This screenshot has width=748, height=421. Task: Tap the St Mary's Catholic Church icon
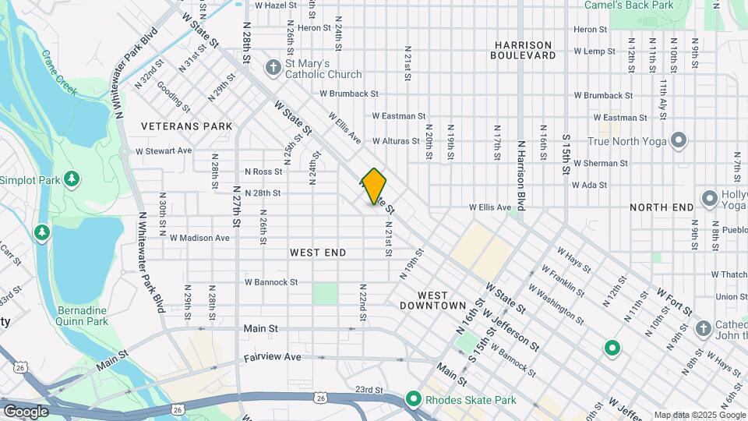(x=273, y=67)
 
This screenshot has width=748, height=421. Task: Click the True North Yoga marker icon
(x=679, y=141)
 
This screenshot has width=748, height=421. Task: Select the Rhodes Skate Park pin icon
(x=414, y=400)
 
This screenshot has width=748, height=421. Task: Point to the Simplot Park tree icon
(x=72, y=179)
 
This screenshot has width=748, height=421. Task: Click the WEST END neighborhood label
(x=318, y=253)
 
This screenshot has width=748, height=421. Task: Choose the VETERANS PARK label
(x=186, y=126)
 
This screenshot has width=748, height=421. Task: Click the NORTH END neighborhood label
(x=662, y=207)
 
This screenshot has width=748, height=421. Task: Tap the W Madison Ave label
(x=199, y=238)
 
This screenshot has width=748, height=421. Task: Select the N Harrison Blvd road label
(x=521, y=176)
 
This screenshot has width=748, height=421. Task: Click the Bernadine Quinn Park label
(x=82, y=315)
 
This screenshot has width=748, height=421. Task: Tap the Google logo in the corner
(x=25, y=412)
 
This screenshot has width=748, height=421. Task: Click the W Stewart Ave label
(x=164, y=150)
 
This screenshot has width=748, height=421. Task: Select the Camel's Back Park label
(x=640, y=5)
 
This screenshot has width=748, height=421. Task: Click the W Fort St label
(x=674, y=302)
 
